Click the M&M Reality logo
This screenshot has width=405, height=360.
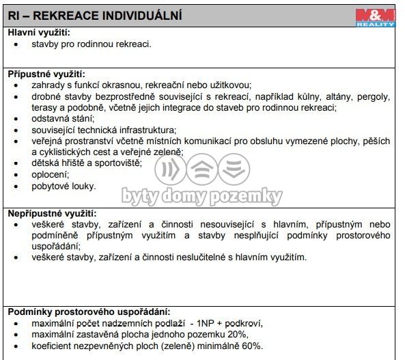(x=376, y=17)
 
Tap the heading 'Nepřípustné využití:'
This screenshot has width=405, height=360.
(x=52, y=214)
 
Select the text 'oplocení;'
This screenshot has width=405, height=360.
(x=50, y=174)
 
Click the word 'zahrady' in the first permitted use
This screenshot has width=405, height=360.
(x=48, y=85)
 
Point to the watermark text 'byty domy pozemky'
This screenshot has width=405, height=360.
(x=201, y=197)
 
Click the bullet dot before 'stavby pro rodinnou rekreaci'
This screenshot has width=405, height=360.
(x=16, y=44)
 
